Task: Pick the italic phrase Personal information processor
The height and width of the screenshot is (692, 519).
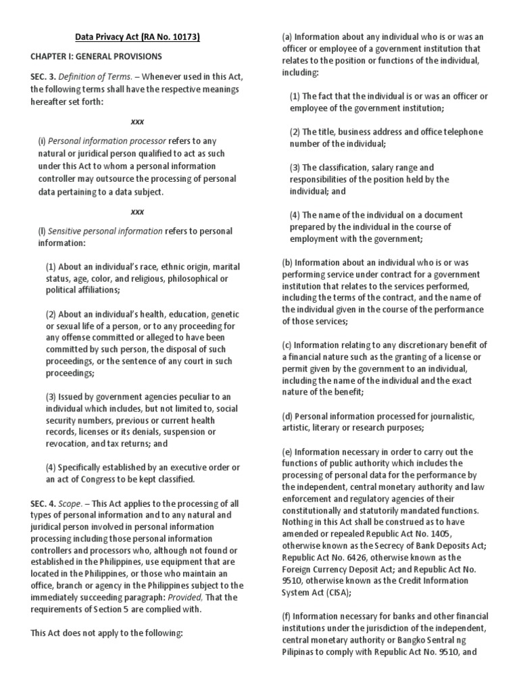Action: [107, 141]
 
